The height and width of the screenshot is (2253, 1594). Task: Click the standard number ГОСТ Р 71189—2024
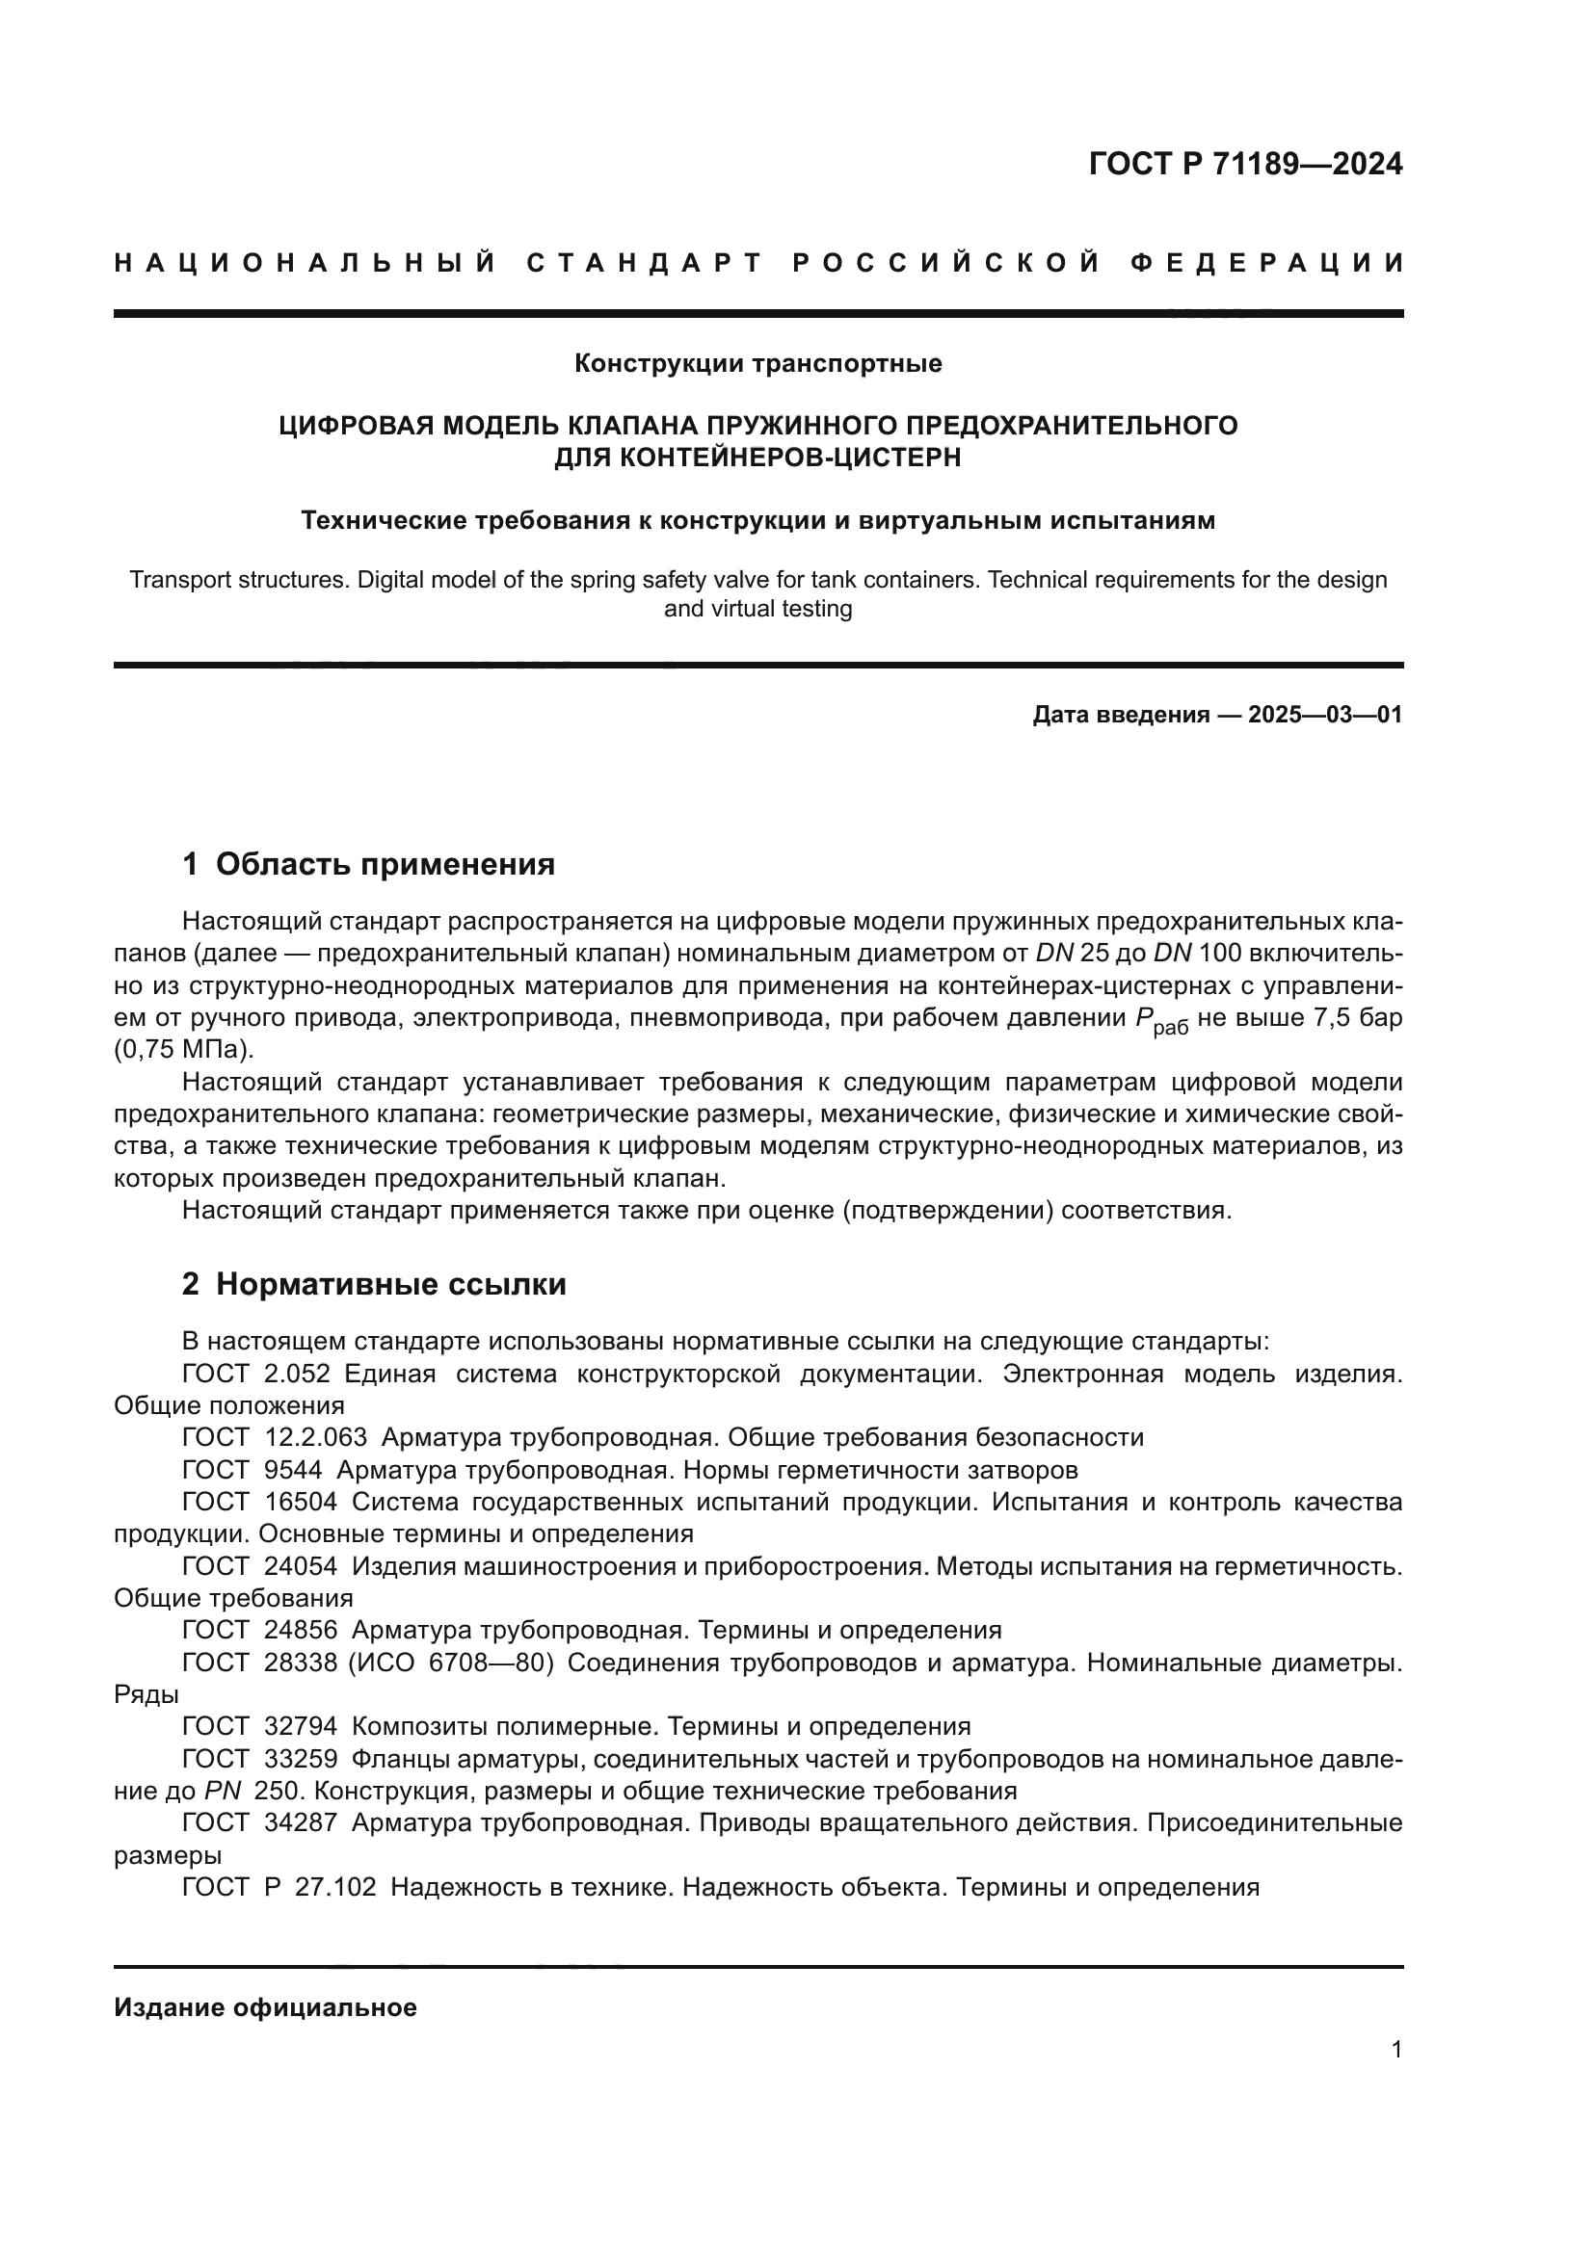[x=1244, y=164]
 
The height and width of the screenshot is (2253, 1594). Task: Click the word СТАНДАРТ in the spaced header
[x=645, y=263]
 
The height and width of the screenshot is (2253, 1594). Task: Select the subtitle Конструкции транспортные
[x=757, y=364]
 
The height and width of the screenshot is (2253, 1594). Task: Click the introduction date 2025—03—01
[x=1324, y=715]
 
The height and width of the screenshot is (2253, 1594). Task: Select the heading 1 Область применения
[x=368, y=864]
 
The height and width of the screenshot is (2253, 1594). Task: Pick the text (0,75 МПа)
[x=183, y=1050]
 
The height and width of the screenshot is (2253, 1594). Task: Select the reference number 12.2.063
[x=316, y=1437]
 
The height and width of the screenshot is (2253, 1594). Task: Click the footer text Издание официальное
[x=265, y=2007]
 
